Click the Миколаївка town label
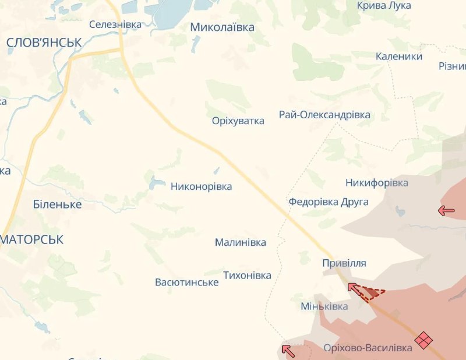coord(223,27)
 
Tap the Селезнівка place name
coord(115,24)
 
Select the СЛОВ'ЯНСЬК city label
coord(44,43)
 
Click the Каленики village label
coord(399,57)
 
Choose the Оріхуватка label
coord(238,121)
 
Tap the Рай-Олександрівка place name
coord(324,115)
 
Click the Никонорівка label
coord(201,186)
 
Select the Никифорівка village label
coord(376,183)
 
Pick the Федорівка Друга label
coord(329,202)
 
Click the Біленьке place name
coord(57,204)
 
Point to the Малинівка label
coord(240,242)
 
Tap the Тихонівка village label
coord(247,275)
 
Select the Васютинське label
coord(186,283)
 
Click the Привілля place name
coord(344,263)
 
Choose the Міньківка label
coord(324,306)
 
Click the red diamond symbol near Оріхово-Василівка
coord(423,339)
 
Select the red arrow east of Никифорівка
coord(447,210)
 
